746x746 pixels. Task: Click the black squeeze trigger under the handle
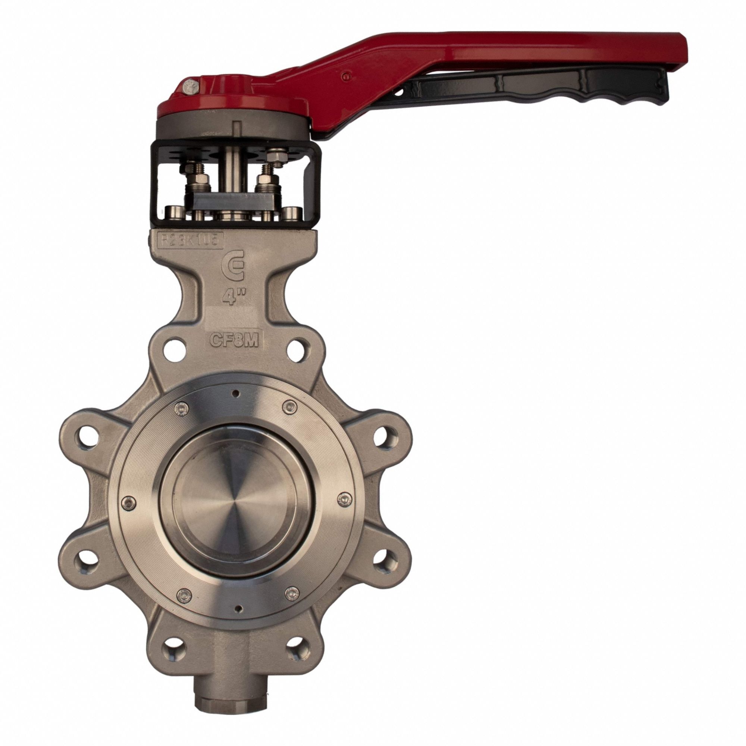pyautogui.click(x=540, y=89)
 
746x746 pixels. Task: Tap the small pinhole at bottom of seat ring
pyautogui.click(x=239, y=609)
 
